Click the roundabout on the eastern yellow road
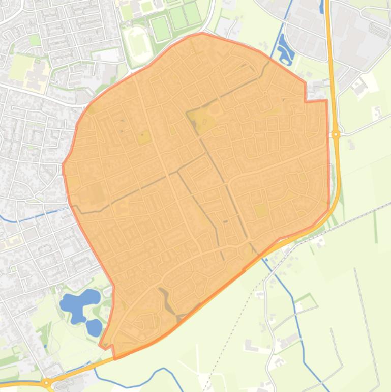coord(336,134)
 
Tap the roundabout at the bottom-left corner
coord(47,382)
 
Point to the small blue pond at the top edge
coord(322,7)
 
